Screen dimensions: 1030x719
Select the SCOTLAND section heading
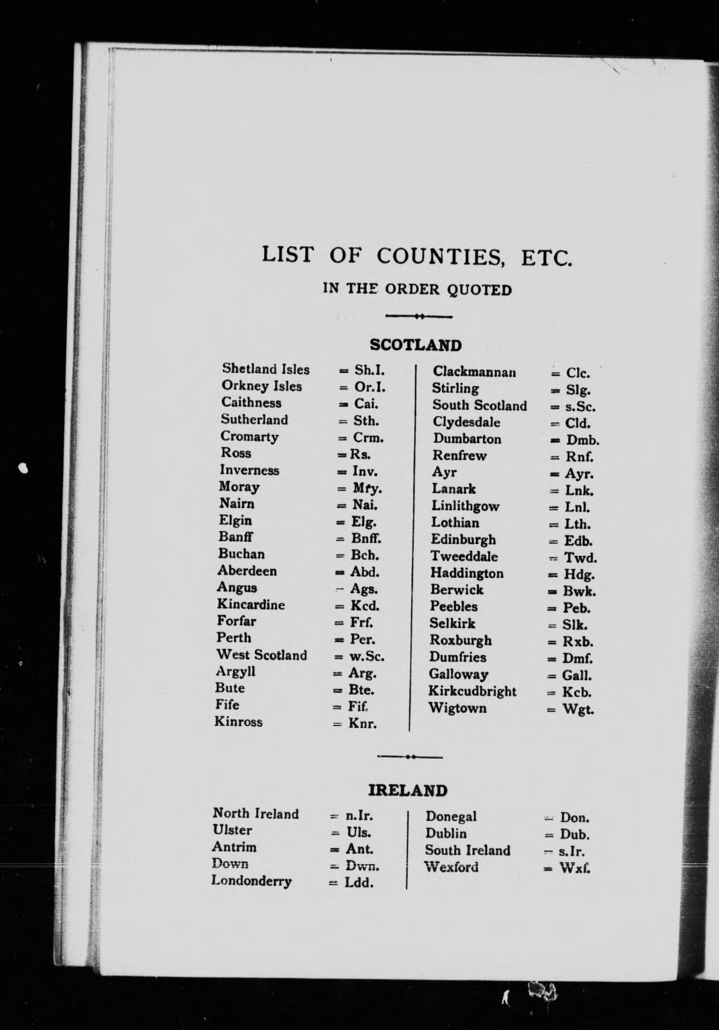tap(415, 345)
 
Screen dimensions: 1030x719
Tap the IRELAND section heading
tap(407, 790)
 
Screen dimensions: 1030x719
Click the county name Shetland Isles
tap(266, 369)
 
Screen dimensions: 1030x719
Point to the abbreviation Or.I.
tap(370, 386)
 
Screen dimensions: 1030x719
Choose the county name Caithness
tap(251, 403)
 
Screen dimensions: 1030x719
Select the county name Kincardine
tap(251, 605)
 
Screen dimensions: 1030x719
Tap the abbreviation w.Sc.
tap(366, 656)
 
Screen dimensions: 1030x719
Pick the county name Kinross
tap(238, 722)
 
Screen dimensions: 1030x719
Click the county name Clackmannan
tap(474, 372)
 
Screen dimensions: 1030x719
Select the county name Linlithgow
tap(465, 506)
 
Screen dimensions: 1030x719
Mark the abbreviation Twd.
tap(580, 558)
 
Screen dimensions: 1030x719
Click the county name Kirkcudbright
tap(472, 691)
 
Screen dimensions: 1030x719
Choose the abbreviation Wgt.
tap(578, 710)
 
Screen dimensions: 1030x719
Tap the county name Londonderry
tap(251, 881)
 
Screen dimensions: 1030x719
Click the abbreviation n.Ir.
tap(358, 816)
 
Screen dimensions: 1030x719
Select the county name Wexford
tap(451, 867)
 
